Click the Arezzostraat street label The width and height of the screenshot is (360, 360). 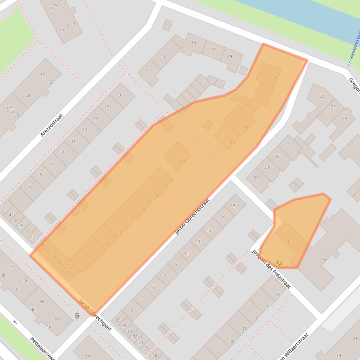pyautogui.click(x=51, y=125)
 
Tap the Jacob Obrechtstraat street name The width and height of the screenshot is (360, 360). pyautogui.click(x=191, y=216)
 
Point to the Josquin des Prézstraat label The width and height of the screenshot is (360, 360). pyautogui.click(x=271, y=269)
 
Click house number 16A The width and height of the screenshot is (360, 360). pyautogui.click(x=182, y=162)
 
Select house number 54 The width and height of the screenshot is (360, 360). pyautogui.click(x=88, y=356)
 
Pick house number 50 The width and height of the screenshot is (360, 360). pyautogui.click(x=58, y=318)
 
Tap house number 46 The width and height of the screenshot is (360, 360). pyautogui.click(x=49, y=326)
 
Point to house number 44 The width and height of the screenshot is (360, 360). pyautogui.click(x=42, y=302)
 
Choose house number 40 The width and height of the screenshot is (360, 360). pyautogui.click(x=33, y=310)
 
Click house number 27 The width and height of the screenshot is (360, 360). pyautogui.click(x=288, y=145)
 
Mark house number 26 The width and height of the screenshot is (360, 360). pyautogui.click(x=118, y=320)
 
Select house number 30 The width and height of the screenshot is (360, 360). pyautogui.click(x=129, y=331)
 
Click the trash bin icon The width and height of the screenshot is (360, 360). pyautogui.click(x=77, y=316)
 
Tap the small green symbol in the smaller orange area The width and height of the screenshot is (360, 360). pyautogui.click(x=279, y=264)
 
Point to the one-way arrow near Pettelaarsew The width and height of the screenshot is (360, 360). pyautogui.click(x=15, y=322)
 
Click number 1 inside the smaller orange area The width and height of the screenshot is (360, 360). pyautogui.click(x=289, y=242)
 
